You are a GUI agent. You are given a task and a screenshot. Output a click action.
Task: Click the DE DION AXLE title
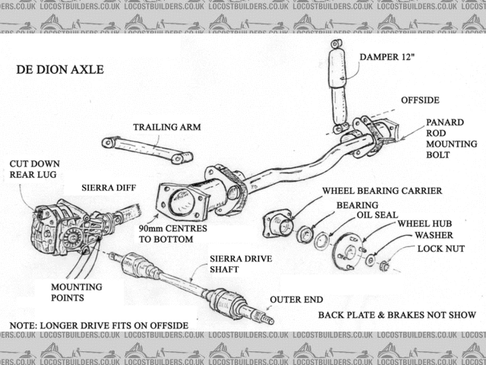click(60, 69)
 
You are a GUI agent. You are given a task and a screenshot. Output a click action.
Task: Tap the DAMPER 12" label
click(387, 57)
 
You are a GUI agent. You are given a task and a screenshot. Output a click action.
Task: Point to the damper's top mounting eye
click(336, 44)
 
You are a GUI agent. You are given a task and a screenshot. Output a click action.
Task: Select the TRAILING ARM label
click(167, 127)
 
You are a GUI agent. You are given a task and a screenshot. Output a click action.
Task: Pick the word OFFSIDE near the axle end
click(420, 100)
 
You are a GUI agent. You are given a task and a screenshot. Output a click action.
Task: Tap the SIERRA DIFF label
click(109, 188)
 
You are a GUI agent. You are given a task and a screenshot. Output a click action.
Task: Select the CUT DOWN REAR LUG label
click(34, 169)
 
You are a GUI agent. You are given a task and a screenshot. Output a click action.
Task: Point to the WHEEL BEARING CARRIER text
click(382, 191)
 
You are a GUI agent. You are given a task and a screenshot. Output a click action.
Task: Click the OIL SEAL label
click(377, 215)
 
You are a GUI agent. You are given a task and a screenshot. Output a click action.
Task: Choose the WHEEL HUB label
click(424, 224)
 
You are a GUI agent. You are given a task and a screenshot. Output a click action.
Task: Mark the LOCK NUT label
click(440, 249)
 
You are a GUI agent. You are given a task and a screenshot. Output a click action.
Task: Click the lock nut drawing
click(384, 266)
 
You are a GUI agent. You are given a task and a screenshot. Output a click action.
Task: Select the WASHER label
click(434, 235)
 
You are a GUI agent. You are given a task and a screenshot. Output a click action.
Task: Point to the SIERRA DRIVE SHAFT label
click(241, 264)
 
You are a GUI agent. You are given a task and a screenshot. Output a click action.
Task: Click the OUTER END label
click(296, 300)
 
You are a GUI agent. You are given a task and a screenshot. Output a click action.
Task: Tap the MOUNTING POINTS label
click(77, 292)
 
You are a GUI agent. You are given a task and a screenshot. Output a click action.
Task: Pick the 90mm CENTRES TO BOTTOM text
click(172, 234)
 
